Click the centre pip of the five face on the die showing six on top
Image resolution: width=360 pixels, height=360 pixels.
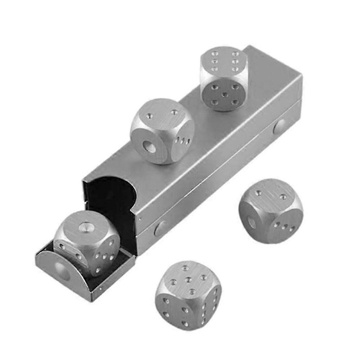[x=225, y=94]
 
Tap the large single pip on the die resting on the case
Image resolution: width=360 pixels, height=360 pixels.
[x=149, y=147]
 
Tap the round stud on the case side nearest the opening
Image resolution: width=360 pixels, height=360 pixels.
[x=161, y=228]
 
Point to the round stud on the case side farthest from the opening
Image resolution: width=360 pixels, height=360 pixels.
[x=279, y=127]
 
